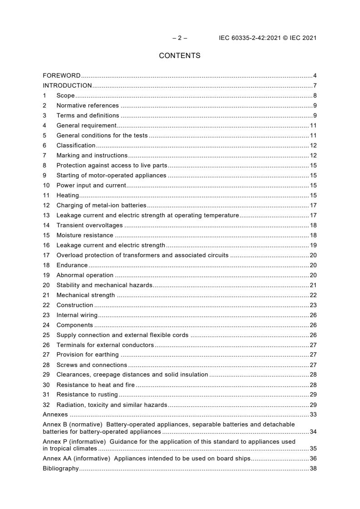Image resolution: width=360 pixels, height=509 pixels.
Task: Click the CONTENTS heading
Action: (179, 56)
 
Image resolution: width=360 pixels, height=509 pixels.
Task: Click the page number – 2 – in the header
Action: (180, 38)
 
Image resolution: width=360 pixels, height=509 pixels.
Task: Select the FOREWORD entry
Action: (62, 75)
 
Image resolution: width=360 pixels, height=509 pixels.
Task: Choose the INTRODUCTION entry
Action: (67, 85)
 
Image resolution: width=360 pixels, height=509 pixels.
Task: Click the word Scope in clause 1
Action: (65, 95)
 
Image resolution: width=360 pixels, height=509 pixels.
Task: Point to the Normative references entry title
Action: (88, 105)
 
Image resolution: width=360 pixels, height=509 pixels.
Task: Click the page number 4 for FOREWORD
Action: (315, 75)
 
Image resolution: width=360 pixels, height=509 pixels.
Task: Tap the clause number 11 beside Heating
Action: (46, 195)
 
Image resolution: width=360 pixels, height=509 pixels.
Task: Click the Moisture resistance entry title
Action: (85, 235)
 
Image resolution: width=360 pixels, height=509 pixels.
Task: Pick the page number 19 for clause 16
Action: (313, 245)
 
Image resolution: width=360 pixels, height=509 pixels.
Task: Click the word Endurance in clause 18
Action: (72, 265)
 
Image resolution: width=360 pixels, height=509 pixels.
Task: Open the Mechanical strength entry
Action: (85, 295)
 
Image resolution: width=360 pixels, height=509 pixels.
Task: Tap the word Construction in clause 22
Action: (74, 305)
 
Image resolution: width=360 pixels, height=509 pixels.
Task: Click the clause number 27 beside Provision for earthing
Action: (46, 355)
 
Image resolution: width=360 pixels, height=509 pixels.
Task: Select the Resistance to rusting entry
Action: (87, 394)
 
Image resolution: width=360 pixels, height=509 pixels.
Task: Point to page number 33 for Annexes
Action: (313, 414)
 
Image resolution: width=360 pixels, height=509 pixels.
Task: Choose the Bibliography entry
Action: (60, 468)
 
